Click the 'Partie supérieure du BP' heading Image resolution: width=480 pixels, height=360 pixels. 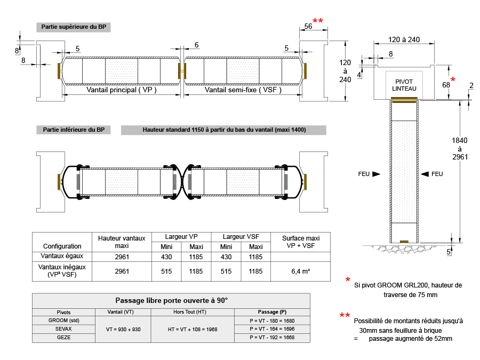click(74, 27)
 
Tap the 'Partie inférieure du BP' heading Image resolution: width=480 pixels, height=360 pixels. click(74, 130)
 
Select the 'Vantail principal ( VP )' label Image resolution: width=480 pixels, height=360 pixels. click(122, 90)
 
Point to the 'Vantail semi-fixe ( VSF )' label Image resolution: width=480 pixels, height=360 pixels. click(243, 90)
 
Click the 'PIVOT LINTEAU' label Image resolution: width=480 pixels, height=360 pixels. click(404, 85)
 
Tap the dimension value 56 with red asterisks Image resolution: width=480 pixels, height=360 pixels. click(308, 26)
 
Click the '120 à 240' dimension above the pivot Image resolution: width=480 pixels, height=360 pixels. click(404, 39)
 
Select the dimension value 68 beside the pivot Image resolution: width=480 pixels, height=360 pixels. click(446, 85)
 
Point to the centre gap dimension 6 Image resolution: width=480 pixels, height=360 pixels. click(196, 45)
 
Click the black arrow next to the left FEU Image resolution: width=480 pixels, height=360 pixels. click(376, 174)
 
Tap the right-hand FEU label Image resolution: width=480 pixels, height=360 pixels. click(437, 174)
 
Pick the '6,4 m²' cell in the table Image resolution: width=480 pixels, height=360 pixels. click(301, 271)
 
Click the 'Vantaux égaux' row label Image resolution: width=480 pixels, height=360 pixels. click(62, 256)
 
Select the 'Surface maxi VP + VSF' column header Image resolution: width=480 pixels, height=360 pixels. click(301, 242)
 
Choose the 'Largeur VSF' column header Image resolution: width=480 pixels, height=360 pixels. click(241, 237)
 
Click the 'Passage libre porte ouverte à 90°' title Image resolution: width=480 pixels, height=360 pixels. click(171, 301)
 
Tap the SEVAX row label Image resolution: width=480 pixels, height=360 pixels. click(63, 329)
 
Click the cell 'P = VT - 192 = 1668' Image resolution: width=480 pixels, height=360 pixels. click(272, 338)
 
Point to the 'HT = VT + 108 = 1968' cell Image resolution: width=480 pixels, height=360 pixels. click(193, 330)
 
